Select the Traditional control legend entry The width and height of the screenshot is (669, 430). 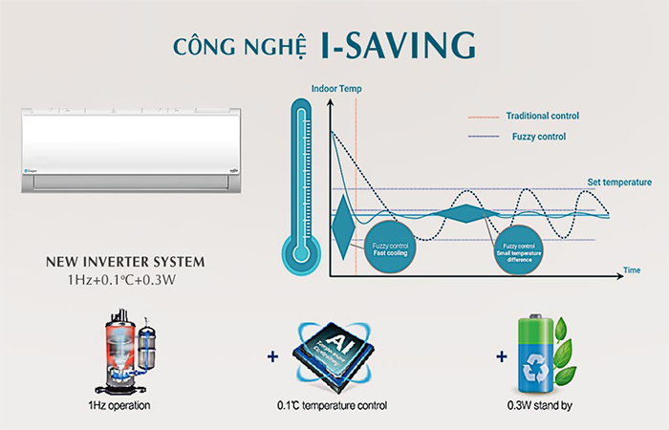pyautogui.click(x=542, y=116)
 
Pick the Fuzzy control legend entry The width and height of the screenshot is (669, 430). pyautogui.click(x=539, y=137)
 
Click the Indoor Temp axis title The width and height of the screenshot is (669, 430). pyautogui.click(x=335, y=90)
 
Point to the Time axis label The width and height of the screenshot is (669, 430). pyautogui.click(x=631, y=270)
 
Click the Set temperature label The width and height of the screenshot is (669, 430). pyautogui.click(x=618, y=182)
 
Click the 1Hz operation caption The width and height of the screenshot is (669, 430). pyautogui.click(x=116, y=406)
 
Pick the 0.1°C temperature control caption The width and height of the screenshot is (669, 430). pyautogui.click(x=332, y=406)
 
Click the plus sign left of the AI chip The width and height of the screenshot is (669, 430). pyautogui.click(x=273, y=355)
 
